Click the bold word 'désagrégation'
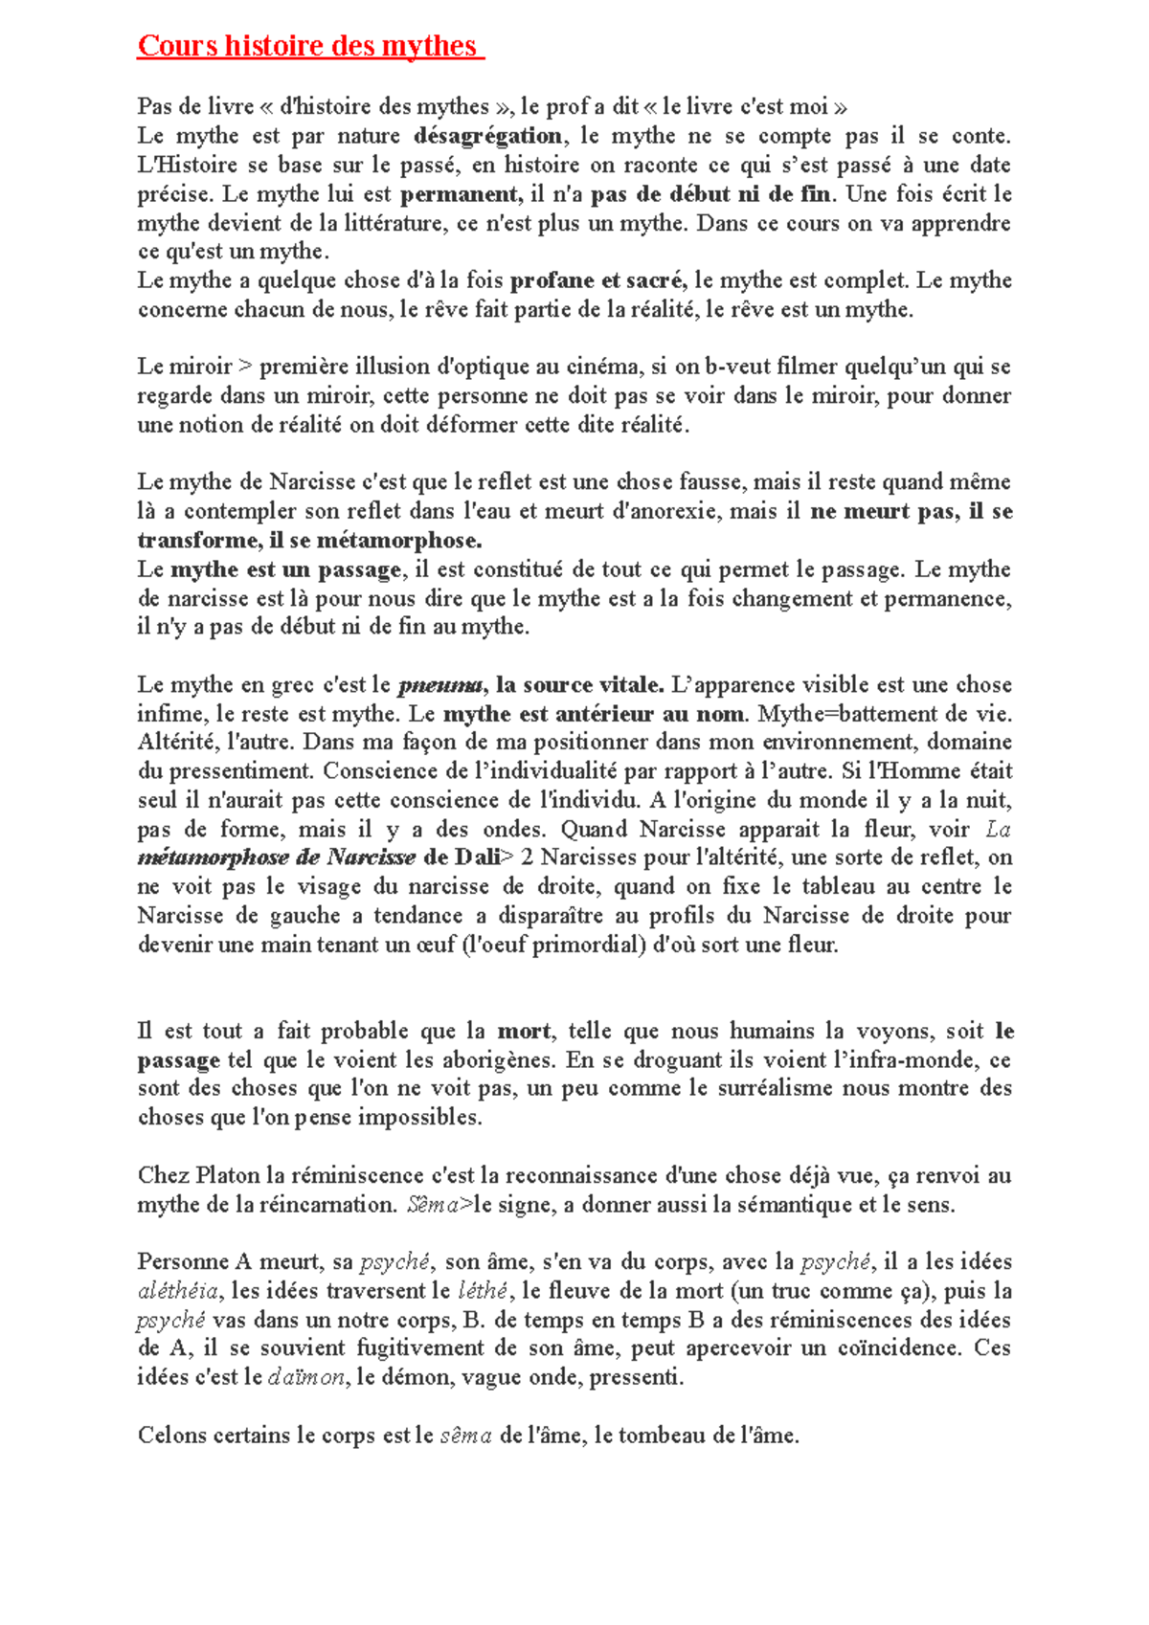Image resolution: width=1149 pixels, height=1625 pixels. click(488, 136)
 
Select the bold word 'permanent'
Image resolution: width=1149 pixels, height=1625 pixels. click(459, 194)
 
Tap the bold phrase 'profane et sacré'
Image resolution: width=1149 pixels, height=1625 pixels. click(597, 280)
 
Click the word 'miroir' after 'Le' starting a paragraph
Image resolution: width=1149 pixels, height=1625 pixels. click(200, 367)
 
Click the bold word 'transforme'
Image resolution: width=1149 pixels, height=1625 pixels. click(198, 540)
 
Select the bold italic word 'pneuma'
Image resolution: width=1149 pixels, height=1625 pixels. click(440, 685)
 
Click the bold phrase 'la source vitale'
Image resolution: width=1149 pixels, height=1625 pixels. click(579, 685)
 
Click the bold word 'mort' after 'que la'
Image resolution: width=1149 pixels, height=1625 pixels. click(524, 1032)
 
